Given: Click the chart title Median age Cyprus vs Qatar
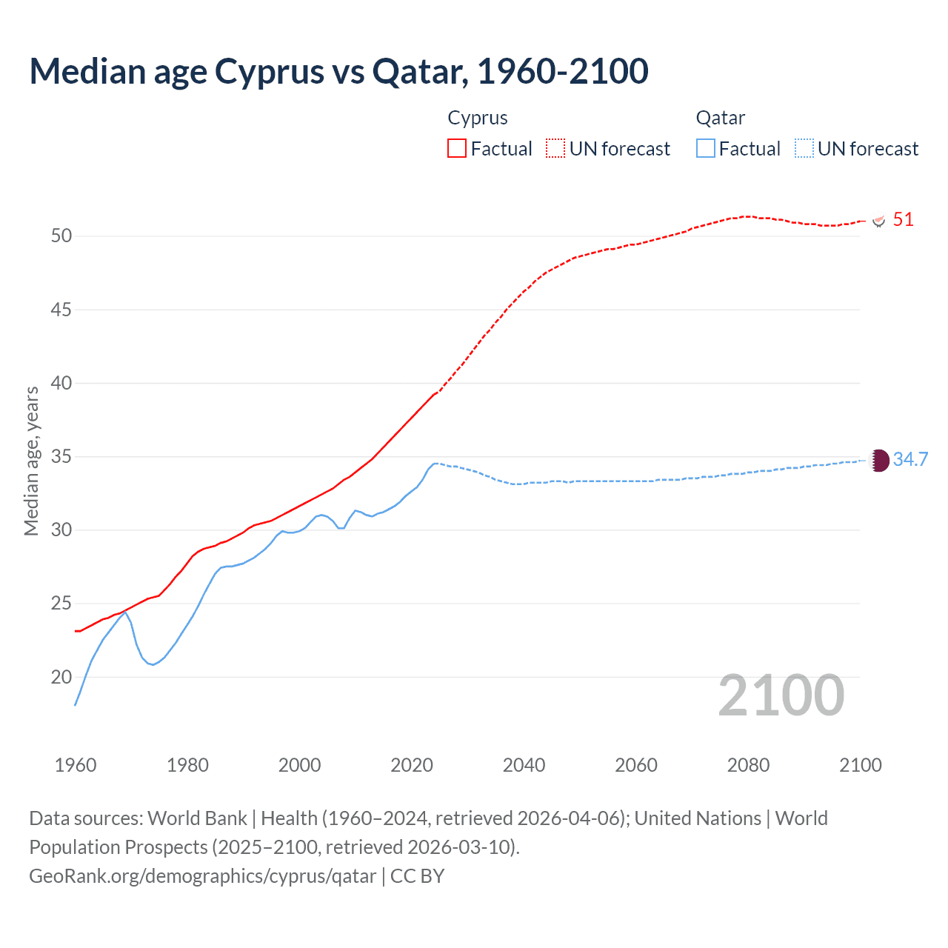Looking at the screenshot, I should [338, 71].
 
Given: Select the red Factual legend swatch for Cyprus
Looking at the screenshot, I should [457, 148].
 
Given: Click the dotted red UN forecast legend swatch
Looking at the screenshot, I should [555, 148].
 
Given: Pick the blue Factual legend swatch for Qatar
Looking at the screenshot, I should [705, 148].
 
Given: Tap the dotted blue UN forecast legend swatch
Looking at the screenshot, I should [804, 148].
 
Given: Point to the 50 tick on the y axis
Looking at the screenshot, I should [61, 236].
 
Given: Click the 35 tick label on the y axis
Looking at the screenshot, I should [61, 456].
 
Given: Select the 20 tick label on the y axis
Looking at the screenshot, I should [61, 677].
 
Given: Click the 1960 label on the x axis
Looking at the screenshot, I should [76, 765].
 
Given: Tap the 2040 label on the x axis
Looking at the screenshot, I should [524, 765].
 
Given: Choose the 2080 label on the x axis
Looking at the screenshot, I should [748, 765].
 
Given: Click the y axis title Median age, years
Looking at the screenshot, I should [31, 461].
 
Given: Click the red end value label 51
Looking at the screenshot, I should [903, 220].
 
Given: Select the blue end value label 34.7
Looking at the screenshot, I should [910, 459].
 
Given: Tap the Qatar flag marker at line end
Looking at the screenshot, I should [879, 460].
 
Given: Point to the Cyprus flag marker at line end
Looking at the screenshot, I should [879, 221].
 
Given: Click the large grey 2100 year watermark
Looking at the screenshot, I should [781, 695].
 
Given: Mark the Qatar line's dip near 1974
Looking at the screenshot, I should [153, 664].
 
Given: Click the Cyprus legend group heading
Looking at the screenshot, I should [478, 118].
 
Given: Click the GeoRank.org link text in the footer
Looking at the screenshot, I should [202, 876].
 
